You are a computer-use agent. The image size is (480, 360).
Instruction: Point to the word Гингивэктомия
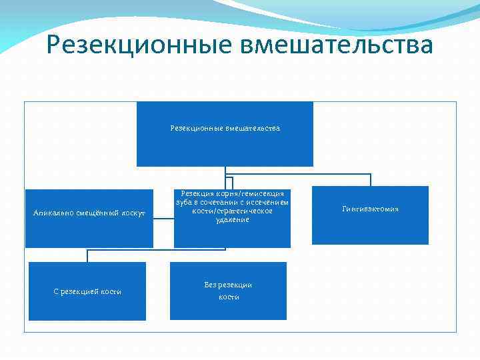pyautogui.click(x=370, y=209)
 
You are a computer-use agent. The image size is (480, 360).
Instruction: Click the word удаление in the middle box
pyautogui.click(x=232, y=219)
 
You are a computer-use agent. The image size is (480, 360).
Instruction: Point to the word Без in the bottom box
pyautogui.click(x=211, y=285)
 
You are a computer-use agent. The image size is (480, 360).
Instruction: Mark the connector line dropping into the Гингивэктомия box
pyautogui.click(x=371, y=180)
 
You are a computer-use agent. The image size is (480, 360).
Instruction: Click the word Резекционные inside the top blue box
pyautogui.click(x=197, y=128)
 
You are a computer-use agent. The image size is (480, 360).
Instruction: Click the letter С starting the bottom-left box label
pyautogui.click(x=55, y=292)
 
